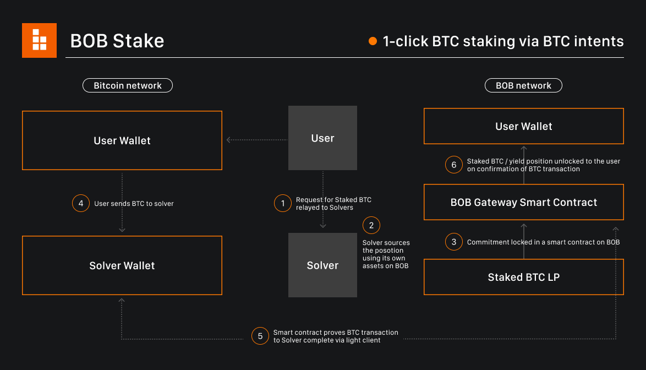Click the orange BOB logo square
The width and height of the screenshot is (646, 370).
click(39, 40)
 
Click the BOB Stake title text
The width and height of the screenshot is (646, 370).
click(117, 41)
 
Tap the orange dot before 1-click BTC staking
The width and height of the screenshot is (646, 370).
click(373, 41)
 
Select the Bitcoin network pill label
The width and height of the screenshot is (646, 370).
click(128, 85)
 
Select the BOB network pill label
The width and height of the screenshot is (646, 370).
click(523, 85)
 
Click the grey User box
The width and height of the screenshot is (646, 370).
click(322, 138)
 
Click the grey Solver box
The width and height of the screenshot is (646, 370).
click(322, 265)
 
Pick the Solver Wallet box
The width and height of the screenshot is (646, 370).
click(122, 265)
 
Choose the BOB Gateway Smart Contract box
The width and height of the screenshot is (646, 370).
click(523, 202)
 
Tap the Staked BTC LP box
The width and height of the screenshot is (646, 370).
click(523, 277)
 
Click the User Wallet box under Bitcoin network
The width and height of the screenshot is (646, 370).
click(122, 140)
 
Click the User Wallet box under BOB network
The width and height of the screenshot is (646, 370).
click(523, 126)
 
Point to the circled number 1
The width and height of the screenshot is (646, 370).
click(283, 203)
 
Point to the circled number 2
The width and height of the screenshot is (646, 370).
click(371, 225)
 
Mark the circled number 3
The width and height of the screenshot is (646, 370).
click(453, 242)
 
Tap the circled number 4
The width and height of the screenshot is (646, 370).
click(81, 203)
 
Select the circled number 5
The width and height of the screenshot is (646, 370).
click(260, 336)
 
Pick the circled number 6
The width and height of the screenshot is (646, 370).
click(453, 165)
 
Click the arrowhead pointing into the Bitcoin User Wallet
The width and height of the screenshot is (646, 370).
click(228, 140)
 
